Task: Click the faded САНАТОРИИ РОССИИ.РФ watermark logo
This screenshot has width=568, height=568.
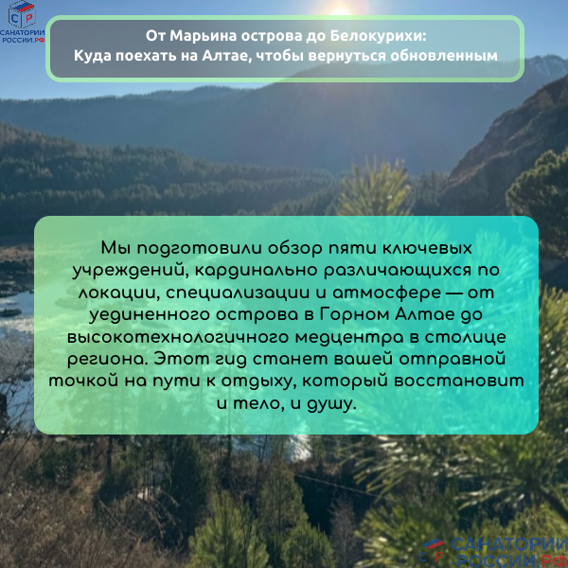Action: [493, 546]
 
